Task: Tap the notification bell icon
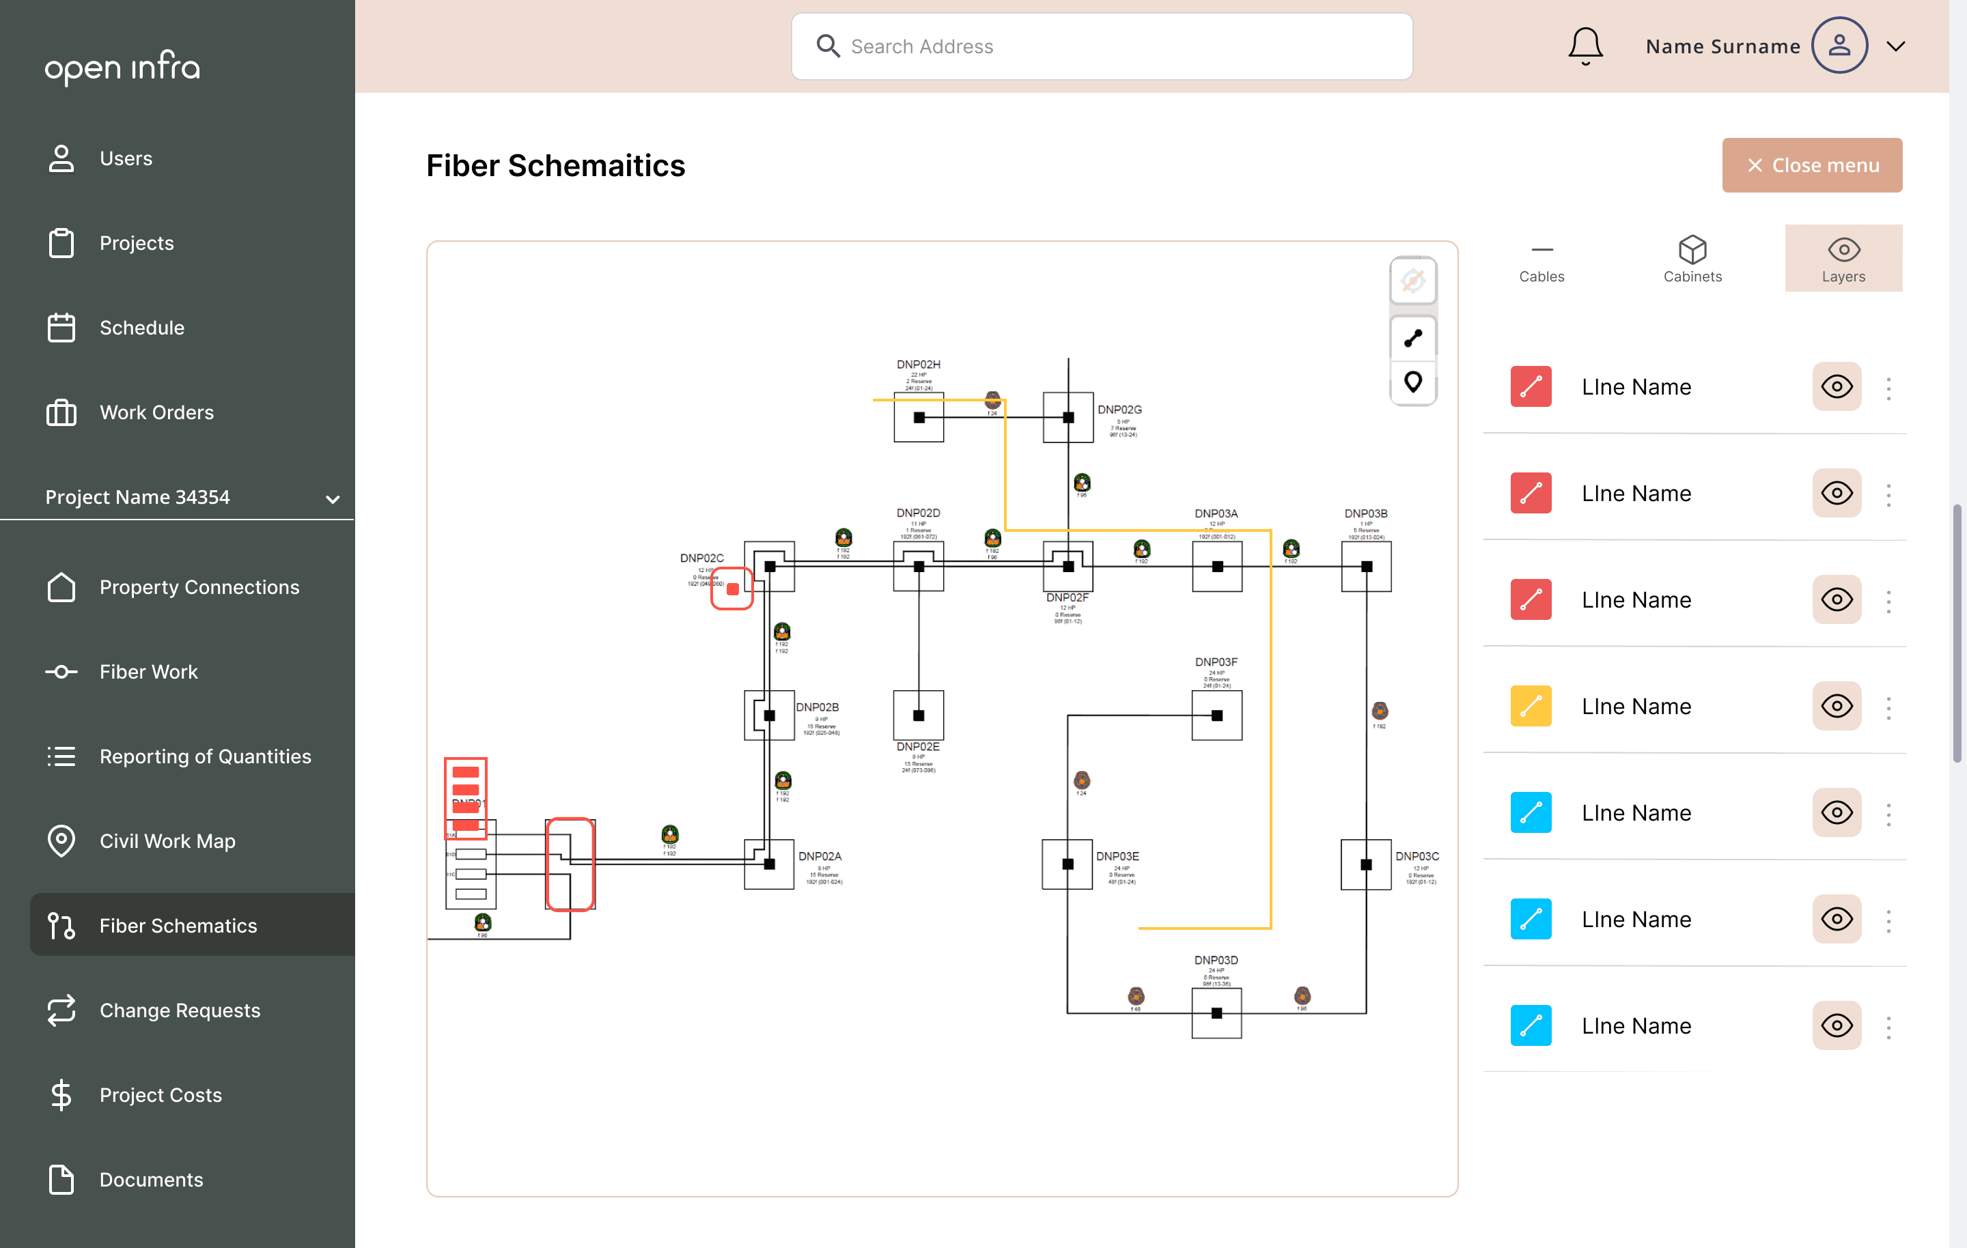(1585, 46)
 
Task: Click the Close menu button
(1811, 165)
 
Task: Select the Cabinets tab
(1692, 258)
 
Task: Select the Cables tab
(1541, 258)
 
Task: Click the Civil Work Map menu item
(167, 840)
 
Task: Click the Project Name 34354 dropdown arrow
(333, 498)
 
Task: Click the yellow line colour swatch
(1530, 706)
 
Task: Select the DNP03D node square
(1216, 1012)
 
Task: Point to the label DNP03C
(1417, 856)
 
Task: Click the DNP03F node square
(1216, 715)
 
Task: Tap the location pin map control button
(1412, 382)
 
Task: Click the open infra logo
(122, 67)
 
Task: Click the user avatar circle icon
(1839, 46)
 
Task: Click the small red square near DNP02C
(732, 589)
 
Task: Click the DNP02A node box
(768, 864)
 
